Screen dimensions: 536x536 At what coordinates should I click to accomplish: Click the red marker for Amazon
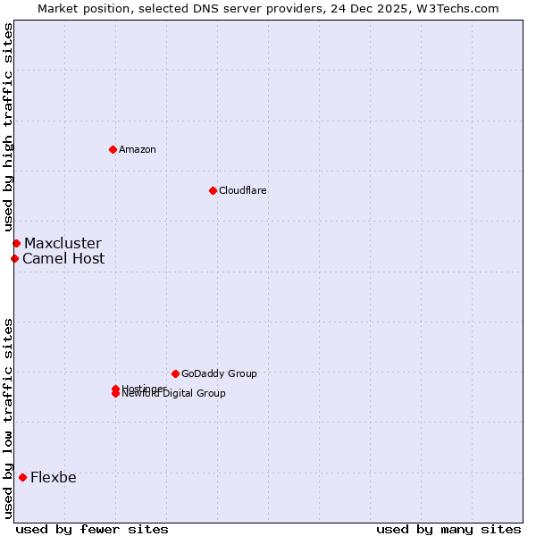click(x=113, y=149)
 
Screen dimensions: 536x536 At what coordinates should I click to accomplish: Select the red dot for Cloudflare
click(x=213, y=190)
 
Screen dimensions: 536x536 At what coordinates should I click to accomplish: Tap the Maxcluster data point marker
click(x=16, y=243)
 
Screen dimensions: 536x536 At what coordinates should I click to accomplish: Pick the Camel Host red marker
click(x=14, y=258)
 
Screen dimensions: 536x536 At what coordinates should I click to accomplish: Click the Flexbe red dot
click(x=22, y=477)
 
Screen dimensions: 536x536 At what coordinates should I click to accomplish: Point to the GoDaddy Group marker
click(x=175, y=373)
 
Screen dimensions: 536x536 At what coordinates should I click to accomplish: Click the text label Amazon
click(x=137, y=149)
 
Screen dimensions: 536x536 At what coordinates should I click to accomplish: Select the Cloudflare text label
click(x=242, y=190)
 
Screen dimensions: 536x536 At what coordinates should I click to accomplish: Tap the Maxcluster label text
click(x=63, y=243)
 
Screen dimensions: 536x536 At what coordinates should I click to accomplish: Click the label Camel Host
click(x=63, y=258)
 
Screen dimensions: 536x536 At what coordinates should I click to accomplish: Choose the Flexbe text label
click(x=53, y=477)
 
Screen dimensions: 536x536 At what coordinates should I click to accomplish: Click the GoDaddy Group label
click(x=219, y=373)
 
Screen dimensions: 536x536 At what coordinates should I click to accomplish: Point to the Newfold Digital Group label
click(x=173, y=394)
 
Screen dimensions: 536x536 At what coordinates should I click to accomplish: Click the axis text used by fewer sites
click(x=92, y=529)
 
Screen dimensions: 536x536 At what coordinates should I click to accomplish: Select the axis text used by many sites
click(x=448, y=529)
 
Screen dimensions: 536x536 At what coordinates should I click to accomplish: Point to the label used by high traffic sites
click(x=8, y=128)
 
